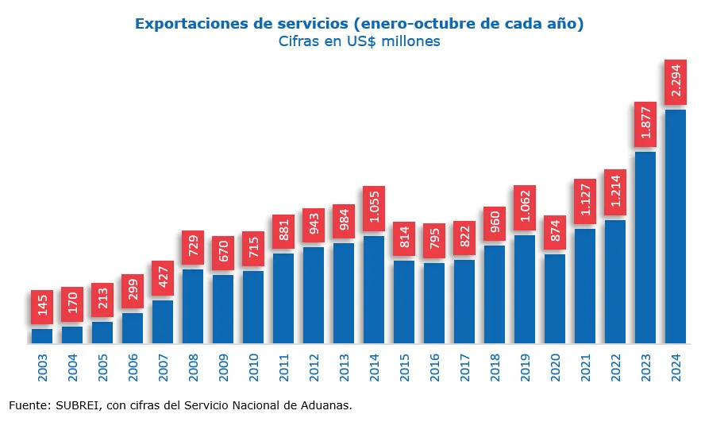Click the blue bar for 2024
coord(676,226)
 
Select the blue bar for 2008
coord(193,307)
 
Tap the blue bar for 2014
coord(374,290)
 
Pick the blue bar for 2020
coord(555,299)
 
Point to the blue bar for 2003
coord(42,336)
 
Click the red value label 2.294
coord(676,82)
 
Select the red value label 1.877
coord(645,124)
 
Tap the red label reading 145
coord(42,307)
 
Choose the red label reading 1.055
coord(374,209)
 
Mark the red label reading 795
coord(434,240)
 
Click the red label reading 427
coord(163,278)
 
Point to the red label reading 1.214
coord(615,192)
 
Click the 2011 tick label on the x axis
coord(283,367)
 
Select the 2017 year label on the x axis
coord(464,367)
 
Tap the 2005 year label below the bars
coord(102,367)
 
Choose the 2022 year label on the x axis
coord(615,367)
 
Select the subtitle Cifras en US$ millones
coord(359,41)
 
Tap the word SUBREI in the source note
coord(78,405)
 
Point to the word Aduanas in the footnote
coord(325,405)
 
